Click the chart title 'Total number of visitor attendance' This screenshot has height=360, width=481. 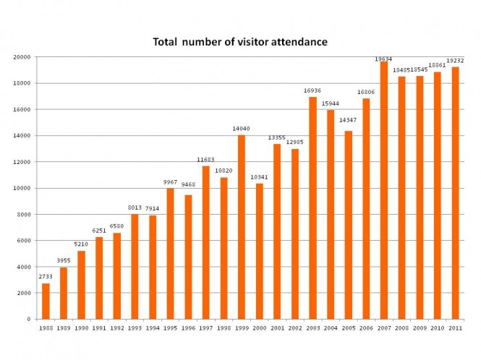pos(240,42)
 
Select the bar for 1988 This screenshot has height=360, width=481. pos(46,301)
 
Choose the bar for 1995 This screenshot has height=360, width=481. pos(171,253)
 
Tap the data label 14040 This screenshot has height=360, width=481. pos(242,129)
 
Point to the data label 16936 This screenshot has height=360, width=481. pos(312,91)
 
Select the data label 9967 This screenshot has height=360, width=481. pos(171,182)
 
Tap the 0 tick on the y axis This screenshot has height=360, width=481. pos(28,319)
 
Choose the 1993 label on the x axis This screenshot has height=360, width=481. pos(135,328)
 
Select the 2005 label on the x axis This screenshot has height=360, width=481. pos(349,328)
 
